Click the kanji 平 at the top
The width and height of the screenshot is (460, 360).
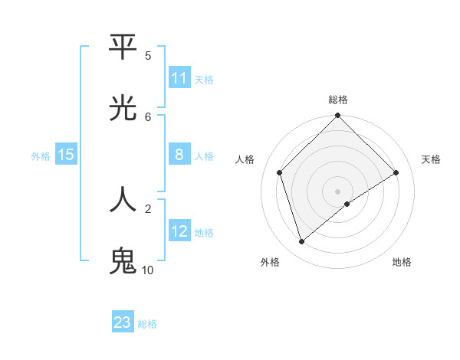[123, 47]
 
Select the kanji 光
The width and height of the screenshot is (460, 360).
[123, 109]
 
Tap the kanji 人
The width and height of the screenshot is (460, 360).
[123, 199]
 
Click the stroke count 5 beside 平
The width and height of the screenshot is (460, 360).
[148, 55]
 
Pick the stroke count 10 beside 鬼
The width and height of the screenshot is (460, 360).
[147, 270]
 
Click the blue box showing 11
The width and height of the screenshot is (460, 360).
[179, 78]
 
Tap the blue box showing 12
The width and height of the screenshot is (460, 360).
[179, 231]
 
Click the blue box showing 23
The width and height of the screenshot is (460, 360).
[123, 322]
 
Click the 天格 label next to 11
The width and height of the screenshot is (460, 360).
[204, 79]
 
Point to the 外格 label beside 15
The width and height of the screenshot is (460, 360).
[41, 156]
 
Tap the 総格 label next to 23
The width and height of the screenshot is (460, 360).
[147, 324]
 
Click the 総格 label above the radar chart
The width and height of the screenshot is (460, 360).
[338, 100]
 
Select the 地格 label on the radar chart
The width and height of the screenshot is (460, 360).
[402, 262]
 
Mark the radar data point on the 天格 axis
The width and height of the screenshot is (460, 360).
[396, 172]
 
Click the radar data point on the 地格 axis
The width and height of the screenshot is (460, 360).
[347, 204]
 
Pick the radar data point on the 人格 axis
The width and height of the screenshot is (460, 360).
[280, 172]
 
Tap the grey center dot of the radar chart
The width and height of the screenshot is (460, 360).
[337, 191]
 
